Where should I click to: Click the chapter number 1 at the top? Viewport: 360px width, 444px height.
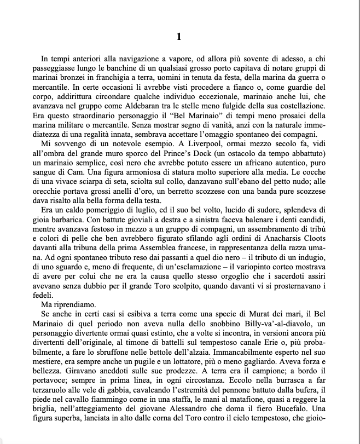179,37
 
